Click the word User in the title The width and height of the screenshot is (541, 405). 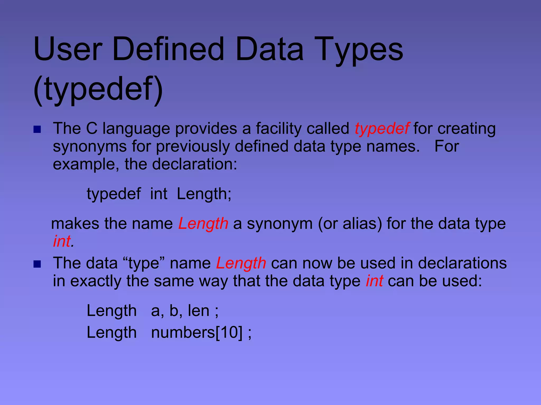tap(68, 49)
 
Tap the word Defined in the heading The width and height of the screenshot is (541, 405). tap(168, 49)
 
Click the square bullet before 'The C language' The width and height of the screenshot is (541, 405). tap(37, 129)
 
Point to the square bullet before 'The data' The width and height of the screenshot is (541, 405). tap(37, 264)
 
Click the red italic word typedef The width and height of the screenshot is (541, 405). tap(382, 129)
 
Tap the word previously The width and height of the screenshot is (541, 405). tap(193, 147)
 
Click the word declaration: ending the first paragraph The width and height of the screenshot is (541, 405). tap(195, 164)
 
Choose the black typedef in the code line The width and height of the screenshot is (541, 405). tap(114, 194)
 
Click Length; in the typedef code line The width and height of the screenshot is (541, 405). tap(204, 194)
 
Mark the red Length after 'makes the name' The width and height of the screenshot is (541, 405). tap(203, 224)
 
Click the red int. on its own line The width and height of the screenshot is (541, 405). tap(63, 241)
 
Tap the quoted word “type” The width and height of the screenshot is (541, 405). tap(143, 263)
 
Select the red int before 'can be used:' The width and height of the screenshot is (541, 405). tap(374, 281)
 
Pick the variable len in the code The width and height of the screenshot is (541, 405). tap(198, 311)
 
